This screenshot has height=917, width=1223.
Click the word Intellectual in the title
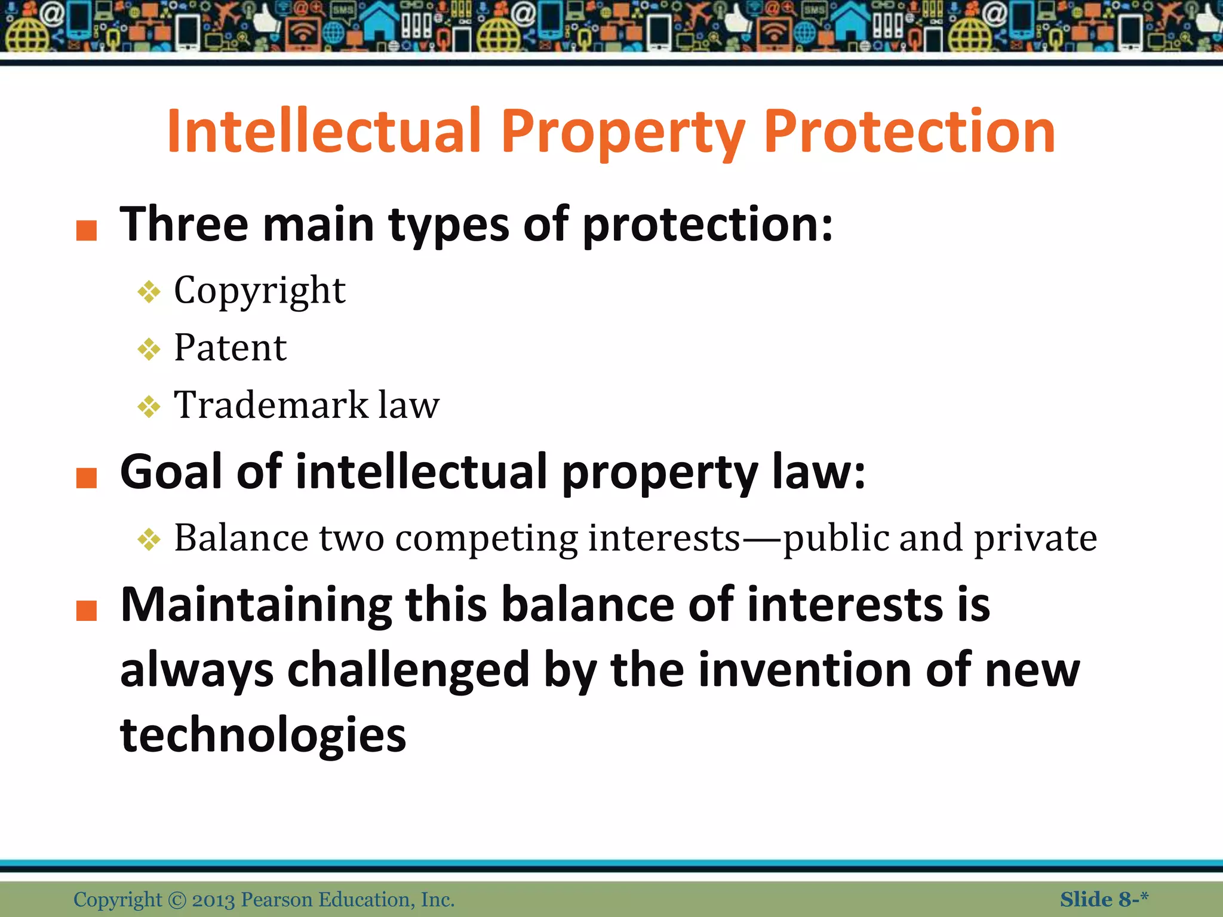point(324,131)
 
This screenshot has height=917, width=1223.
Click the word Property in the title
point(623,133)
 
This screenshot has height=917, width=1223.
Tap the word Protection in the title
point(909,131)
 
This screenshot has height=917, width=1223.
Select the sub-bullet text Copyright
point(259,291)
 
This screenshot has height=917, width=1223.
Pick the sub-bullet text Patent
point(230,348)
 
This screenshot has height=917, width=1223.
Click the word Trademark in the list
point(271,405)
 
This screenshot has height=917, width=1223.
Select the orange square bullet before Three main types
point(87,230)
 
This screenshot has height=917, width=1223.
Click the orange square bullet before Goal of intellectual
point(87,478)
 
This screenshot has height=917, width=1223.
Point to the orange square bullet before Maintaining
point(87,611)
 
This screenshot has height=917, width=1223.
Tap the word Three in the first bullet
point(183,224)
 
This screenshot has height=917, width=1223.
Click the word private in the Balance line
point(1035,538)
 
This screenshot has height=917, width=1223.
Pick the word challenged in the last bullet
point(408,670)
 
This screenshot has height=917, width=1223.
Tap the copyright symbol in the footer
point(177,900)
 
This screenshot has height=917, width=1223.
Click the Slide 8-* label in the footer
point(1104,899)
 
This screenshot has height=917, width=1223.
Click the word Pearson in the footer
point(276,900)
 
